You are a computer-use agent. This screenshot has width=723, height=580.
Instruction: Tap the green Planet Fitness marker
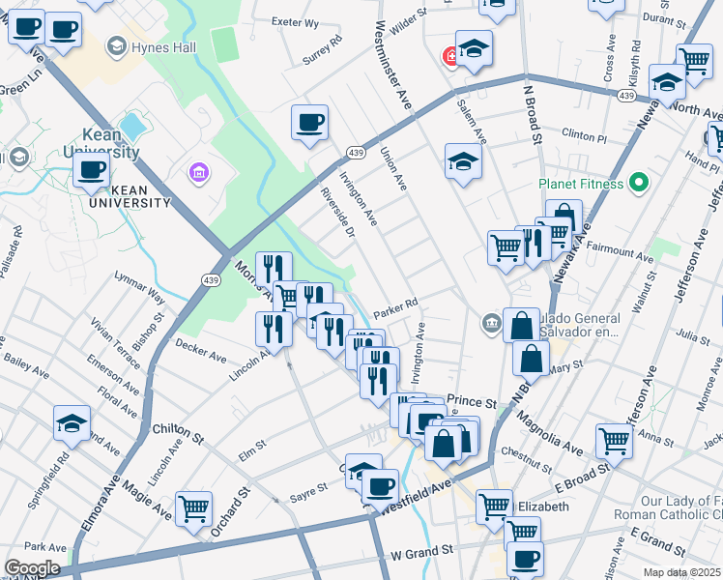[638, 182]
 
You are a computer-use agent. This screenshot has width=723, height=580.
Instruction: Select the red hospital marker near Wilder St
[450, 56]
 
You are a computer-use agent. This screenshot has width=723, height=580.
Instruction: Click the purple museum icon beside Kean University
[199, 172]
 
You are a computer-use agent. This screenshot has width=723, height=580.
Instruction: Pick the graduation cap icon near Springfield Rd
[72, 421]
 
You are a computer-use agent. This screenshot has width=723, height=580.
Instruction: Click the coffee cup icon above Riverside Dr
[309, 122]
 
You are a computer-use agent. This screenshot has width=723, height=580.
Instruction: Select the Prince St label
[471, 401]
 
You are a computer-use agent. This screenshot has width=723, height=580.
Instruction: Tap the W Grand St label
[421, 551]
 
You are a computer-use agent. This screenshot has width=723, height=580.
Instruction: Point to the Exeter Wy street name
[295, 22]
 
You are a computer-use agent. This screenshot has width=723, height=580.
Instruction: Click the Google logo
[32, 567]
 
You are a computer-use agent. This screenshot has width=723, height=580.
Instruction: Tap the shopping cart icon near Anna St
[614, 440]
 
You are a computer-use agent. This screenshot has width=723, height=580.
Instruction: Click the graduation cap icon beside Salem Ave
[463, 160]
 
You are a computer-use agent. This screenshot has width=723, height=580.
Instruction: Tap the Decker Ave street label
[200, 344]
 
